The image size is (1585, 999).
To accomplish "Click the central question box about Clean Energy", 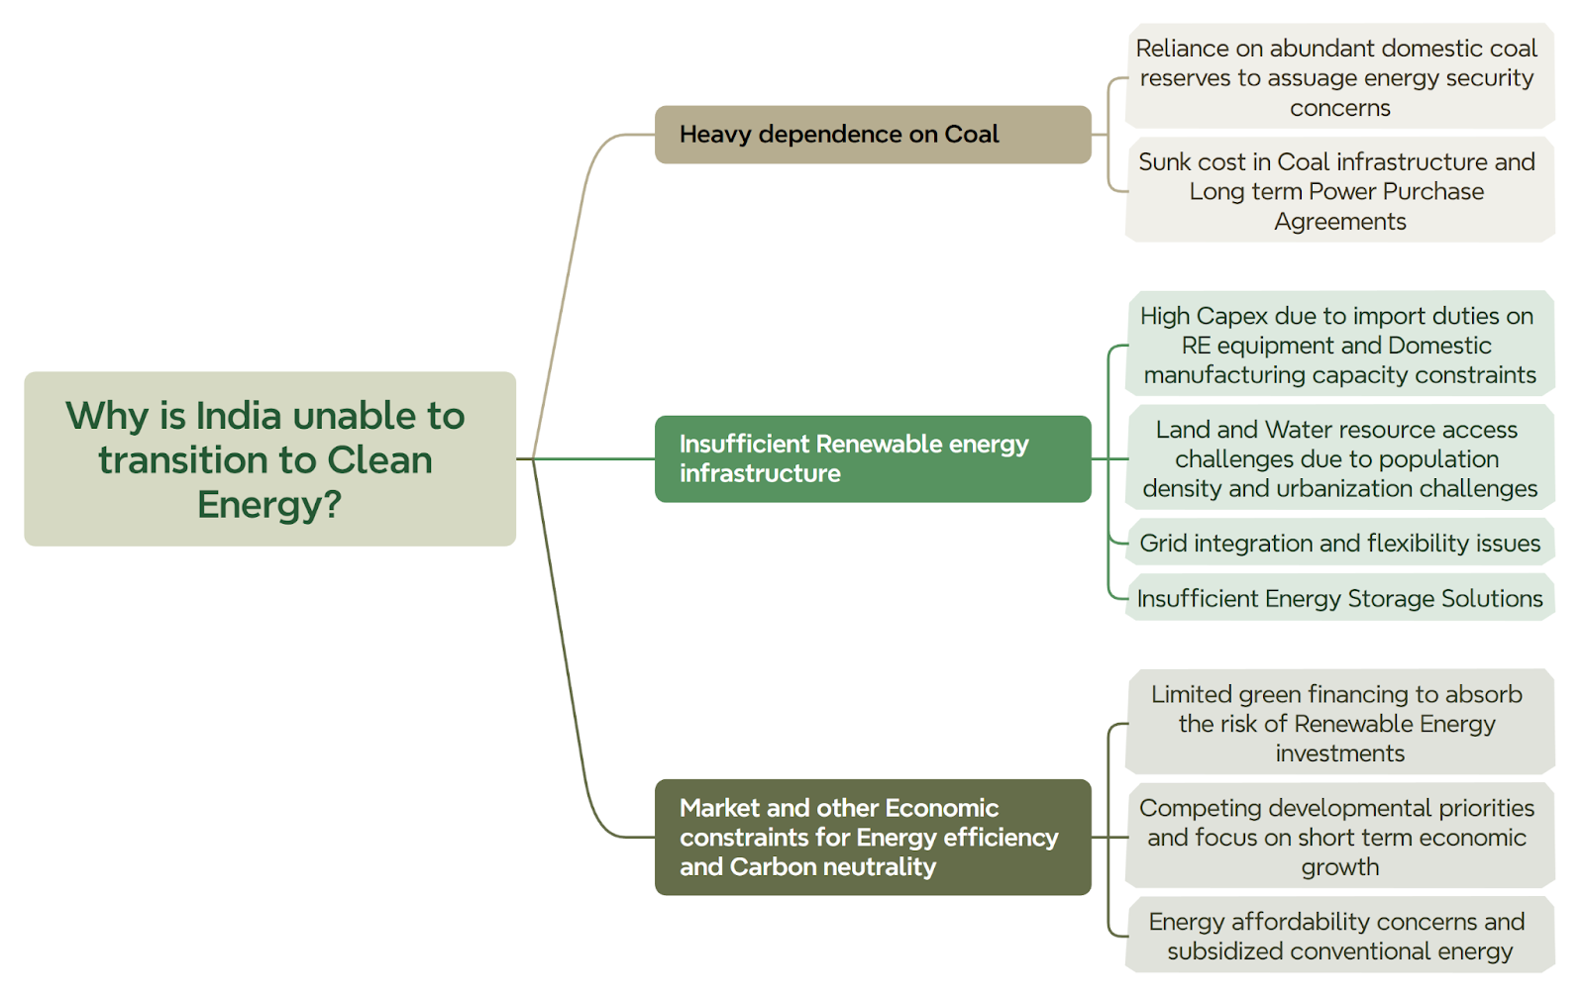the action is click(x=269, y=458).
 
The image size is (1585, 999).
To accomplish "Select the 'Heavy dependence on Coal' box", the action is click(x=873, y=135).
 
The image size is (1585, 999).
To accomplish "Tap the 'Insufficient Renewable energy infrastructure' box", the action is click(x=873, y=458).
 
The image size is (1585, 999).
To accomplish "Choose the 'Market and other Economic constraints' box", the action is click(x=873, y=837).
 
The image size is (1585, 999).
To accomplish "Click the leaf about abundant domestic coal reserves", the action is click(x=1339, y=77).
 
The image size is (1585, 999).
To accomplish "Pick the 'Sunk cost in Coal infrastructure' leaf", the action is click(x=1339, y=191).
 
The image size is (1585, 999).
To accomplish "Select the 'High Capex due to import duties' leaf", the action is click(x=1339, y=345).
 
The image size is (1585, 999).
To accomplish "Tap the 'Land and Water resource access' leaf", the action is click(x=1339, y=458).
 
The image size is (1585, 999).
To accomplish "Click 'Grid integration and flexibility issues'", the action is click(x=1339, y=543).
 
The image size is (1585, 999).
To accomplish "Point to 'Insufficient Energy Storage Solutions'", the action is click(x=1339, y=598).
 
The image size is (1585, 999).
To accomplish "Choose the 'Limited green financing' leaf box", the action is click(x=1339, y=723).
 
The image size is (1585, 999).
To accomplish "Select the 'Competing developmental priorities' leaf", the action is click(x=1339, y=837).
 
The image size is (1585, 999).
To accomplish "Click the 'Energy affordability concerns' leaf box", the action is click(x=1339, y=936).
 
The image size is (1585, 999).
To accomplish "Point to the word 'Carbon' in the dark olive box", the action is click(x=774, y=866).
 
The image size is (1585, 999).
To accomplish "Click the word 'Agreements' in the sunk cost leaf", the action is click(x=1340, y=222).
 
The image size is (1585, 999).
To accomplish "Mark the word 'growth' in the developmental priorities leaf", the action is click(x=1340, y=867).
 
